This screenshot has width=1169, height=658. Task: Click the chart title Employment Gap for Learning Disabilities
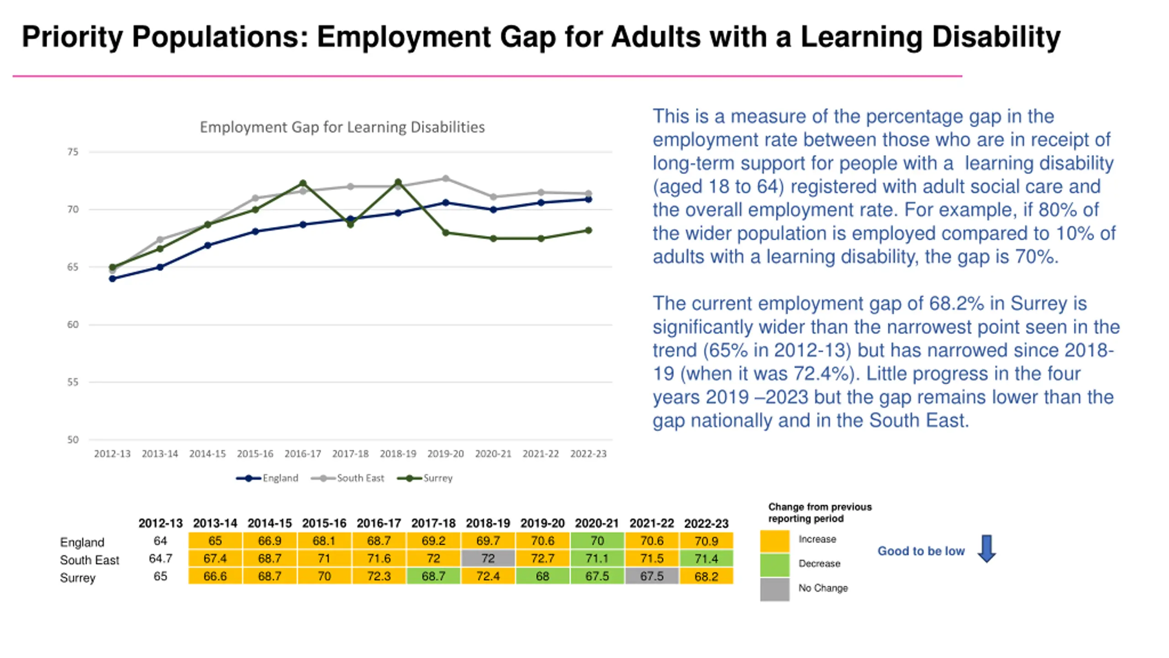(x=342, y=127)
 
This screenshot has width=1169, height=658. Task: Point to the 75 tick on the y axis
(x=73, y=152)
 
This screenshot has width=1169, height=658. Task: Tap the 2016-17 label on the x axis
(x=303, y=454)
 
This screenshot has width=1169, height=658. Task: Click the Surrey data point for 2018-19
(x=398, y=182)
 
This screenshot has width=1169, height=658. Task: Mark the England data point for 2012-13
(x=113, y=279)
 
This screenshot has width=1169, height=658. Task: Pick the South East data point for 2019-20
(x=446, y=179)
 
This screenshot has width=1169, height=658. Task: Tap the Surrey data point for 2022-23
(x=589, y=230)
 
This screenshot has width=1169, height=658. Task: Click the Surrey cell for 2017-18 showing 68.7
(x=433, y=576)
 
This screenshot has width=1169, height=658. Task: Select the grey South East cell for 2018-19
(x=488, y=558)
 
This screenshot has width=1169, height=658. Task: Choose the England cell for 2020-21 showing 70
(x=597, y=541)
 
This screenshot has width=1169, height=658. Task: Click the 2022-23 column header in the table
(x=706, y=523)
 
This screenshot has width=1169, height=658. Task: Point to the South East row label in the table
(x=90, y=560)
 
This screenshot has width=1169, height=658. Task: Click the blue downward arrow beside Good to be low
(x=987, y=548)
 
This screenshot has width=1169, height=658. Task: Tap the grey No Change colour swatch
(x=774, y=589)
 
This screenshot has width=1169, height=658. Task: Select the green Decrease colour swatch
(x=774, y=565)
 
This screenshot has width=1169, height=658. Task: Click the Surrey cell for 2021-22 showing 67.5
(x=652, y=576)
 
